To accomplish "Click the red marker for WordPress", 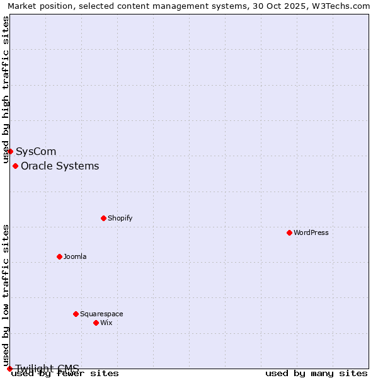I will (x=289, y=232).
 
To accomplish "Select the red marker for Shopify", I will (x=103, y=218).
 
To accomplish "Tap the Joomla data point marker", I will (x=59, y=256).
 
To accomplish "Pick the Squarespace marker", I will (x=76, y=314).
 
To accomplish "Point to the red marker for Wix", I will (x=96, y=323).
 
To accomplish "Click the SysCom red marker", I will (x=10, y=151).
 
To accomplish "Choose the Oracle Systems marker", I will (x=15, y=166).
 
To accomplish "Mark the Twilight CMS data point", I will (x=9, y=369).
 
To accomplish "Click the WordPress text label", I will (x=311, y=232).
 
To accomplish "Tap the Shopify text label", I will (x=120, y=218).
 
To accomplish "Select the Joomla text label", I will (x=75, y=256).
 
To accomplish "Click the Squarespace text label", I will (x=101, y=314).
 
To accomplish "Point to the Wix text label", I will (x=106, y=323).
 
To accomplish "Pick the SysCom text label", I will (x=36, y=151).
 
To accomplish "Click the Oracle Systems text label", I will (x=60, y=166).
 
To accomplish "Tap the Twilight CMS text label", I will (x=47, y=368).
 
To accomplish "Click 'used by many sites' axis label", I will (x=316, y=373).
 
